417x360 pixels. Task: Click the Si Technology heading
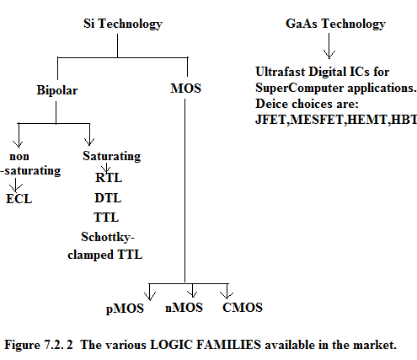123,24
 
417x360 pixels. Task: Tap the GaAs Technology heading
335,24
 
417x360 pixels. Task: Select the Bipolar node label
57,90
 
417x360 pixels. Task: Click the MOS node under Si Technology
185,89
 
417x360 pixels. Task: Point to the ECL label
19,199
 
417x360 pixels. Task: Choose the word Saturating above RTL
112,156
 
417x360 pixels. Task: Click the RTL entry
109,178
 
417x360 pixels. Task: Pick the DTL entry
108,198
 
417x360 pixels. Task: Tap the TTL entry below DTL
106,218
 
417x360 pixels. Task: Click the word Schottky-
108,237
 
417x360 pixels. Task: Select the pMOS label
125,309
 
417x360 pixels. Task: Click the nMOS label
184,308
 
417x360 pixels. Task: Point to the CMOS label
243,308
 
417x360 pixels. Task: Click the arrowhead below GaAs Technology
329,54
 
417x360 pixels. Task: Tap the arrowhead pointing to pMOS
150,296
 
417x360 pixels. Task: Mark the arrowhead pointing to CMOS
227,294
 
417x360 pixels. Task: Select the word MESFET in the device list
317,120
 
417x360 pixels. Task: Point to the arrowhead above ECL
16,188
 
